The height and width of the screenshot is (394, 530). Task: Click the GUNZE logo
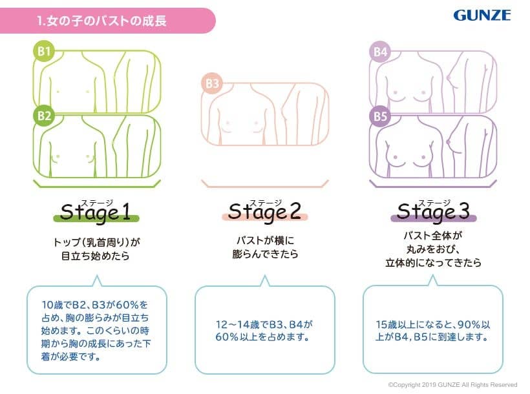(x=482, y=16)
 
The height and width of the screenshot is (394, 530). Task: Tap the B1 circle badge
(x=44, y=52)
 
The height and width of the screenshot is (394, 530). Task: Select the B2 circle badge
(x=44, y=116)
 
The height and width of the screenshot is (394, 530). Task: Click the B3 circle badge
(x=212, y=83)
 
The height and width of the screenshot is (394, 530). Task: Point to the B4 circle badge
(x=380, y=52)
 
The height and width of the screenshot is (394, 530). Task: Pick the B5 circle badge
(x=380, y=116)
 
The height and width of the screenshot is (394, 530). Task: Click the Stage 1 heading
(x=96, y=213)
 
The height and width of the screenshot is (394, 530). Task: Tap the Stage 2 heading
(x=264, y=211)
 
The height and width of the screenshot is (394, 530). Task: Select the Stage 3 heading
(x=433, y=211)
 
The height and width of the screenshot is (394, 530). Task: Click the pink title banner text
(x=101, y=21)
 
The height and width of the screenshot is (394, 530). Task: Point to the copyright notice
(x=452, y=384)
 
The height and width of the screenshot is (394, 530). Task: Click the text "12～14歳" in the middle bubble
(x=238, y=324)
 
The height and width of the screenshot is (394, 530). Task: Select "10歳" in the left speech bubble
(x=52, y=305)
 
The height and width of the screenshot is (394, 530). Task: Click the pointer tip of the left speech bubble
(x=97, y=276)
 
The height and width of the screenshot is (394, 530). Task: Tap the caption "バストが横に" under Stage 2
(x=266, y=240)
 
